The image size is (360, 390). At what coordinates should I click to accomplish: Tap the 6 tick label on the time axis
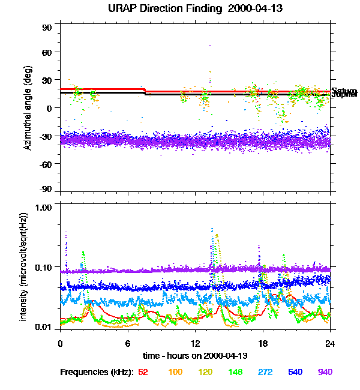pyautogui.click(x=128, y=343)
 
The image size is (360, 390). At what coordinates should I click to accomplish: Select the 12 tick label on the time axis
pyautogui.click(x=195, y=343)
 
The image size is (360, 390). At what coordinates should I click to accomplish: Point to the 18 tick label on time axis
pyautogui.click(x=262, y=343)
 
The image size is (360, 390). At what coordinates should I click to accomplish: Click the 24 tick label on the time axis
pyautogui.click(x=329, y=343)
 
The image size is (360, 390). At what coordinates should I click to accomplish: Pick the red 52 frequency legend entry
pyautogui.click(x=143, y=372)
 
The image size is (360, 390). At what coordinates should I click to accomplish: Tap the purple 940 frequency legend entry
pyautogui.click(x=325, y=372)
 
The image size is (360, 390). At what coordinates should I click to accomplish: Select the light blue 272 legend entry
pyautogui.click(x=265, y=372)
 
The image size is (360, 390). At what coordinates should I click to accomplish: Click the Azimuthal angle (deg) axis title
pyautogui.click(x=27, y=108)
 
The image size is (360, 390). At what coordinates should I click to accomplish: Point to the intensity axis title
pyautogui.click(x=24, y=266)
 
